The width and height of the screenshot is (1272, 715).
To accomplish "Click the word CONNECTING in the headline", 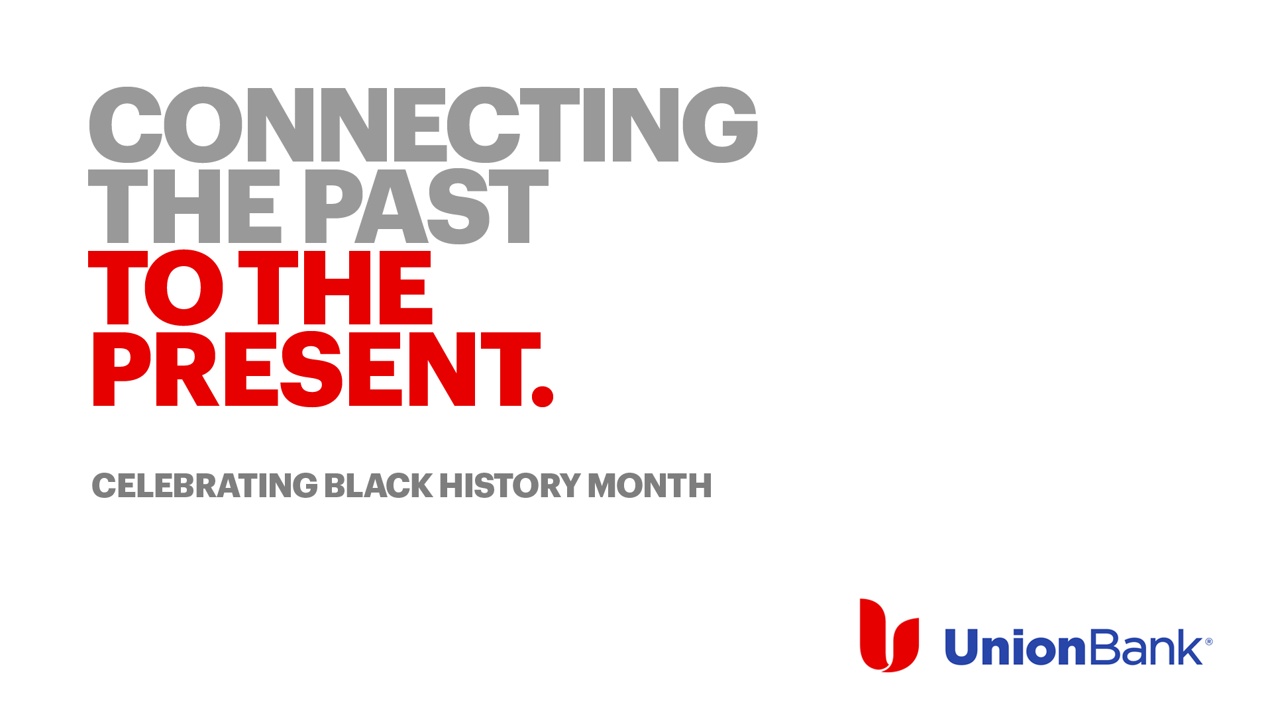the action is (423, 124).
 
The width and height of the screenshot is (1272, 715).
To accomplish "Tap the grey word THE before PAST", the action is (185, 206).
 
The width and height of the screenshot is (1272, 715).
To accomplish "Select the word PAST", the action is (427, 206).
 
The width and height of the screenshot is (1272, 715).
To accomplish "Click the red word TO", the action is (156, 288).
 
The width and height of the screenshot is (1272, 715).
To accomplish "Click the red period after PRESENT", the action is (543, 396).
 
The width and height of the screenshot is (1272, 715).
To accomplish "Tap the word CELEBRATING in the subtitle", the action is (205, 485).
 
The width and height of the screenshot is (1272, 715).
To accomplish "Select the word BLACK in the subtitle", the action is (378, 485).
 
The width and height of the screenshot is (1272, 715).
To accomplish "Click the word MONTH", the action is (650, 485).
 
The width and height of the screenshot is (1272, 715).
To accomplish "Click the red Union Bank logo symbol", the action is (889, 636).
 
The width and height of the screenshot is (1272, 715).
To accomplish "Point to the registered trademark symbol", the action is (1208, 642).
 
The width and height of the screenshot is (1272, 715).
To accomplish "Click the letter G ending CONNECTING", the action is (720, 124).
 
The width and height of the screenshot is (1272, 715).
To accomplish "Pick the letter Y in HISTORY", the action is (566, 485).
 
